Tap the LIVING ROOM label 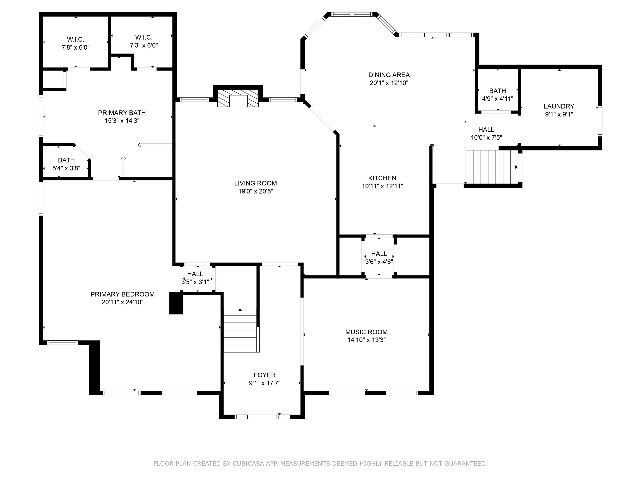(255, 183)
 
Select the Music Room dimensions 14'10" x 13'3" (367, 340)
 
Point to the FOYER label (265, 375)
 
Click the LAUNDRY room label (559, 106)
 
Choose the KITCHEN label (382, 178)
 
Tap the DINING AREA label (389, 75)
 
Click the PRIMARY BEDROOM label (122, 294)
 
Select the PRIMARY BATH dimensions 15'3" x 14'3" (122, 121)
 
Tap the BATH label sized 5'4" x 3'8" (66, 160)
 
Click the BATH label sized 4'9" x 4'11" (498, 91)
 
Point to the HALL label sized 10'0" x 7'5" (486, 130)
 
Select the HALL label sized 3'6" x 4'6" (379, 254)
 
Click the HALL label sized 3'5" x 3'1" (195, 274)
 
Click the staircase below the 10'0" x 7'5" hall (492, 165)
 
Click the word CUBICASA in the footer (248, 464)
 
